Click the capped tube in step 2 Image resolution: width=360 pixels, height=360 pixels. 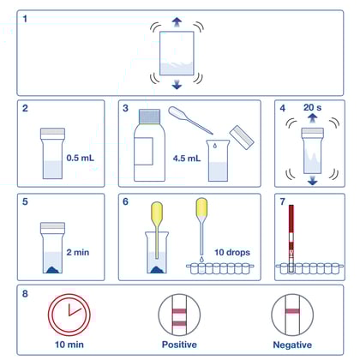click(x=52, y=153)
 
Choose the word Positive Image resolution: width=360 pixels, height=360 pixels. click(x=179, y=344)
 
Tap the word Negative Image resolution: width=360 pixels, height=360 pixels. click(x=291, y=344)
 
